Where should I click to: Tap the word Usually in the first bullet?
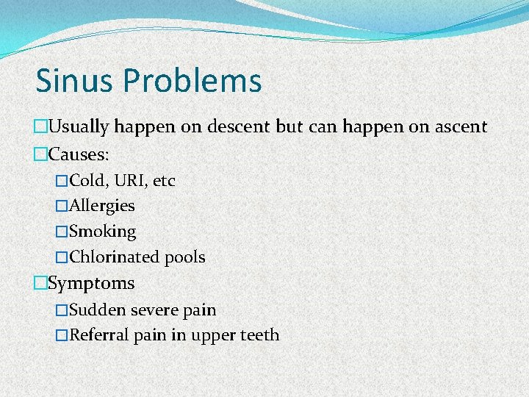click(x=79, y=127)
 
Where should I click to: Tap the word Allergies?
click(x=102, y=207)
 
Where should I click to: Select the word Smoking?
click(x=103, y=232)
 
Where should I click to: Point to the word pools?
click(x=184, y=258)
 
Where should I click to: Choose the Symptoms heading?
click(x=91, y=283)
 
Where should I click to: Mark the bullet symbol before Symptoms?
click(x=40, y=283)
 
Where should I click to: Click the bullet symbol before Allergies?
click(x=62, y=207)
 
